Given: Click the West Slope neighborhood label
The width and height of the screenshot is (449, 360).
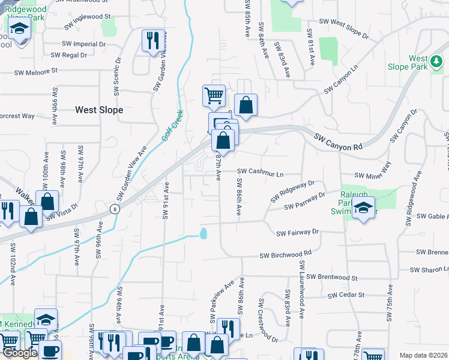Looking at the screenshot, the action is [x=99, y=110].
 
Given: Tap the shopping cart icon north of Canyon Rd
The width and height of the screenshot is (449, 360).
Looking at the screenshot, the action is [x=214, y=95].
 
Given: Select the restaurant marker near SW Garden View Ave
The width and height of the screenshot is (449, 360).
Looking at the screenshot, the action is [x=151, y=41].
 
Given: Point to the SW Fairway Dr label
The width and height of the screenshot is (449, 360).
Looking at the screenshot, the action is [x=297, y=232].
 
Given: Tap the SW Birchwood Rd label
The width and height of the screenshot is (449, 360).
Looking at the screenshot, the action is [x=286, y=254].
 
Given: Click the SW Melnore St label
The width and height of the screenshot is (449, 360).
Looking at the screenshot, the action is [x=37, y=70].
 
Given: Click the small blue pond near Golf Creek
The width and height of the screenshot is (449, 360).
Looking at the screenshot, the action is [x=204, y=233].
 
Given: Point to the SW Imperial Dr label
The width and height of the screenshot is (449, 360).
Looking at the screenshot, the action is [x=83, y=44].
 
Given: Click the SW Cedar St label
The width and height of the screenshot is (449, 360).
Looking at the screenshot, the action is [x=346, y=295].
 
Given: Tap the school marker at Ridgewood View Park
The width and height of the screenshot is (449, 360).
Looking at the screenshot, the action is [x=19, y=29].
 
